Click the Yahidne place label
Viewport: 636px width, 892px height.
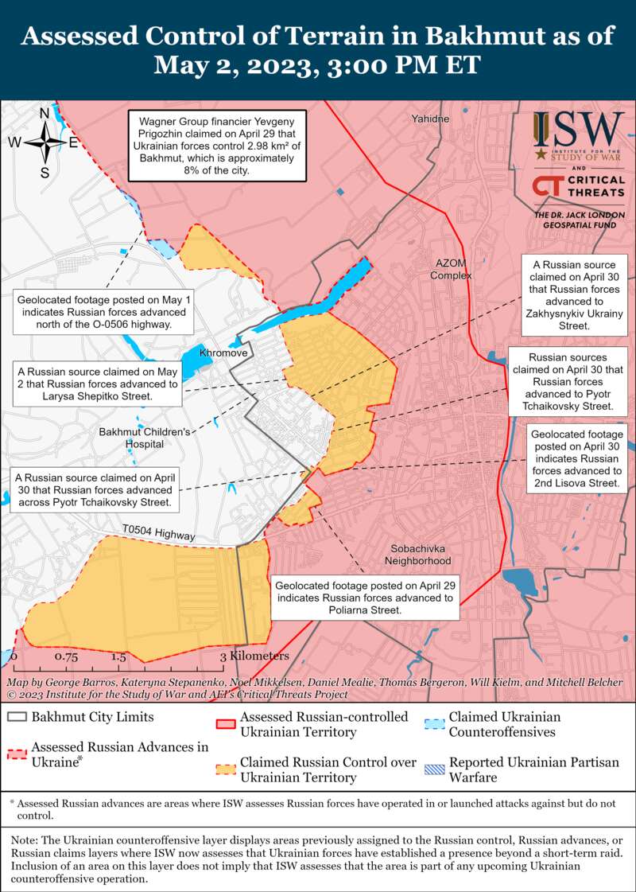pyautogui.click(x=430, y=119)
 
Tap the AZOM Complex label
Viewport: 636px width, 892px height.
pyautogui.click(x=451, y=269)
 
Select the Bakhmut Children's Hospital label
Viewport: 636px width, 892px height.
pyautogui.click(x=145, y=438)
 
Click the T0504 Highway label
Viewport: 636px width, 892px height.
pyautogui.click(x=158, y=533)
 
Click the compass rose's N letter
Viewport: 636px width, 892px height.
pyautogui.click(x=45, y=114)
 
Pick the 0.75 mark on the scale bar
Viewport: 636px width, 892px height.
pyautogui.click(x=66, y=657)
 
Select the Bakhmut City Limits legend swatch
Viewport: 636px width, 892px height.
pyautogui.click(x=17, y=717)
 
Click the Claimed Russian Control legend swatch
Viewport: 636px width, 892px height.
pyautogui.click(x=226, y=769)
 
